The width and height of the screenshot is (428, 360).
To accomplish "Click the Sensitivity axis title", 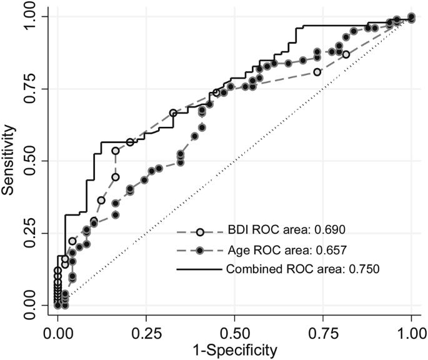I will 9,161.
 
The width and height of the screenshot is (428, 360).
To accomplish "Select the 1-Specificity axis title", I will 234,349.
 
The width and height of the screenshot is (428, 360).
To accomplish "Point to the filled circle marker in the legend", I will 200,250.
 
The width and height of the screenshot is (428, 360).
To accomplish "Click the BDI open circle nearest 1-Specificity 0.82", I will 346,54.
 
